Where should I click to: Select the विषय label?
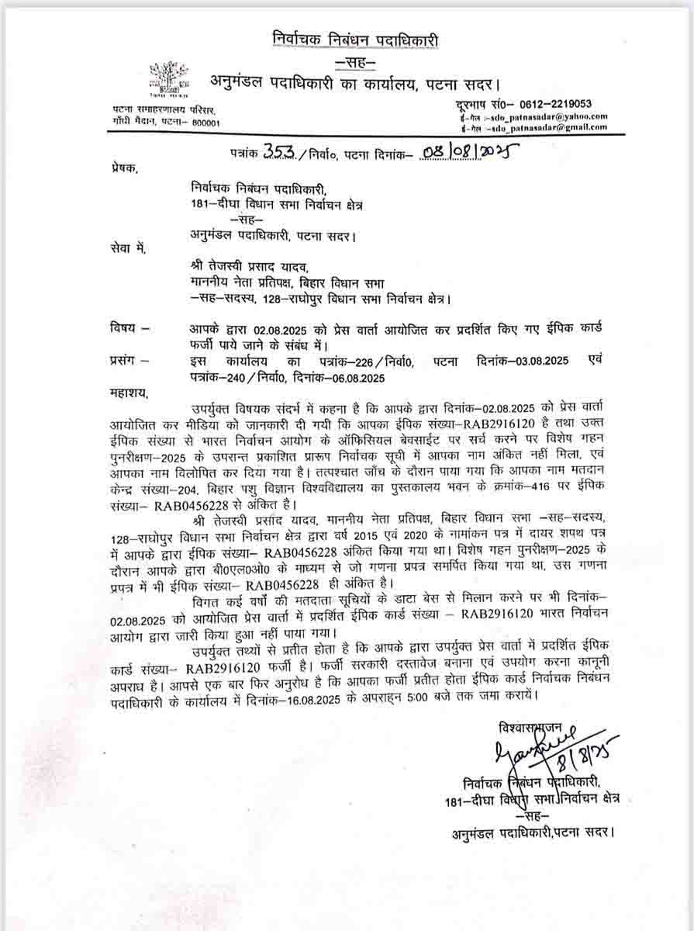tap(125, 329)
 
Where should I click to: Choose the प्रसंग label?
tap(126, 361)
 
